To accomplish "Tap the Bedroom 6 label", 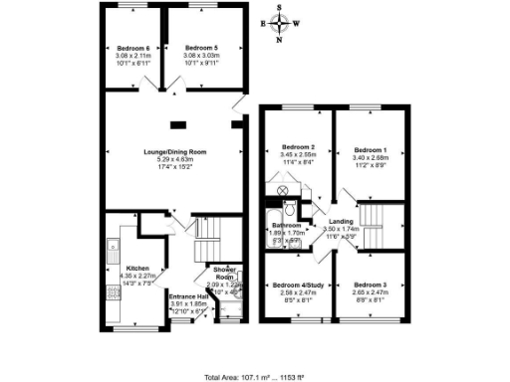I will (133, 48).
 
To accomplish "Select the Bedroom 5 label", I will (201, 48).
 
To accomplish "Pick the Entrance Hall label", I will (188, 295).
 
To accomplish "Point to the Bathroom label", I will (288, 226).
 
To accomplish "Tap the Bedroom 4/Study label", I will (297, 285).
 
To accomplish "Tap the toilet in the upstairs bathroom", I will (288, 208).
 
